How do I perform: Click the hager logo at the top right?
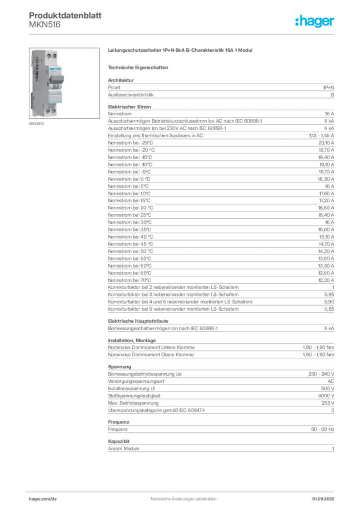coord(314,21)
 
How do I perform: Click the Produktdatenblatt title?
coord(65,15)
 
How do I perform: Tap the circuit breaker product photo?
coord(64,83)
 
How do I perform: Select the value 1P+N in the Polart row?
coord(328,87)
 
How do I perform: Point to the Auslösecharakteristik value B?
coord(333,95)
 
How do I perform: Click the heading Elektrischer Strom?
coord(129,107)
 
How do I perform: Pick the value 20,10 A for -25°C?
coord(326,143)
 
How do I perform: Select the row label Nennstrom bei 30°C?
coord(129,222)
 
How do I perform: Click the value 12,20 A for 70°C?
coord(326,280)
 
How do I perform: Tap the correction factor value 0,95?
coord(329,294)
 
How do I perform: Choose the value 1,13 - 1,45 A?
coord(321,136)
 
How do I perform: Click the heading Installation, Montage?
coord(132,340)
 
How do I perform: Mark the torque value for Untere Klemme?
coord(318,347)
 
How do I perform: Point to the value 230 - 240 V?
coord(321,374)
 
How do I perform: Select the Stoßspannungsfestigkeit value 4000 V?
coord(326,396)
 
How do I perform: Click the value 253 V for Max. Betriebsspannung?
coord(328,403)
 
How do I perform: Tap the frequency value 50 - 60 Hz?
coord(322,429)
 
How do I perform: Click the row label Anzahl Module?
coord(124,449)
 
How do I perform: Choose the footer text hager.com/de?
coord(43,499)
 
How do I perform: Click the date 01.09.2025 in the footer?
coord(323,499)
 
